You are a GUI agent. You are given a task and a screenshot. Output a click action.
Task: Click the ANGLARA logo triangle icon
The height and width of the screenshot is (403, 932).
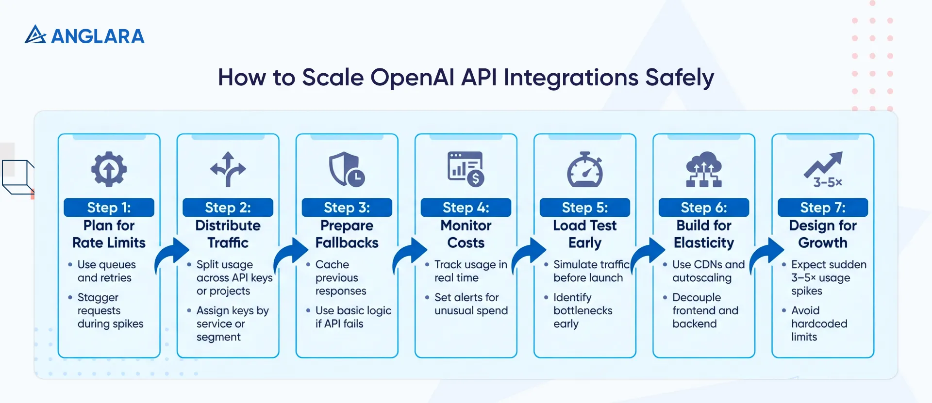pyautogui.click(x=35, y=34)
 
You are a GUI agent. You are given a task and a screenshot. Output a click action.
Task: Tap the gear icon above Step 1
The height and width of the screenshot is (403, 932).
pyautogui.click(x=109, y=169)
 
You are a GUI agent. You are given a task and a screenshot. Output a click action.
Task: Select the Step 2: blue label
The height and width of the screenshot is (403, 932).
pyautogui.click(x=228, y=208)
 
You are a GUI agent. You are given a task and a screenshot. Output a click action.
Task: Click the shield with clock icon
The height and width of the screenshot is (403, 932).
pyautogui.click(x=346, y=169)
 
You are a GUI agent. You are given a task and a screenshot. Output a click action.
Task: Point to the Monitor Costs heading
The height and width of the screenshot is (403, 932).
pyautogui.click(x=466, y=234)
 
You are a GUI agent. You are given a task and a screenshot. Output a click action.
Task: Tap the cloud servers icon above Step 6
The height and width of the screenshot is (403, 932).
pyautogui.click(x=704, y=169)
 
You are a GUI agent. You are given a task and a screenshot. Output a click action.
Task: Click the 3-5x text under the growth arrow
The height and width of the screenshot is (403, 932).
pyautogui.click(x=828, y=182)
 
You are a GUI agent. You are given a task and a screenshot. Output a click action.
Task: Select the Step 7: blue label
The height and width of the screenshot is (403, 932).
pyautogui.click(x=823, y=208)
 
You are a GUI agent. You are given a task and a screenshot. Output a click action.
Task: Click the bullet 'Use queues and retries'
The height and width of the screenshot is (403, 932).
pyautogui.click(x=106, y=271)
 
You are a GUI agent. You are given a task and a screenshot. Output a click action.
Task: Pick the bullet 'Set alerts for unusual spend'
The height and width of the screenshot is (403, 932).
pyautogui.click(x=470, y=304)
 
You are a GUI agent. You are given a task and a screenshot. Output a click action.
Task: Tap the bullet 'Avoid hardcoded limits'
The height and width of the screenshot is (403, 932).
pyautogui.click(x=818, y=323)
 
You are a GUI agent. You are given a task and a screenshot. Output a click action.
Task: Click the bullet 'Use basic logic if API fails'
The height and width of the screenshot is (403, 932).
pyautogui.click(x=352, y=317)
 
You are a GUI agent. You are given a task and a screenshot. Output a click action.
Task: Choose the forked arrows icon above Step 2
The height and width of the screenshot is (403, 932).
pyautogui.click(x=228, y=169)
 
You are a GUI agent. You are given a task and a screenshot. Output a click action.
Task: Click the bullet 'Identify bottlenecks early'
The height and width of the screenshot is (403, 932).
pyautogui.click(x=582, y=310)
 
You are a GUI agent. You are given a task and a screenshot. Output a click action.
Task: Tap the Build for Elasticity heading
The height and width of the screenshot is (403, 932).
pyautogui.click(x=704, y=234)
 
